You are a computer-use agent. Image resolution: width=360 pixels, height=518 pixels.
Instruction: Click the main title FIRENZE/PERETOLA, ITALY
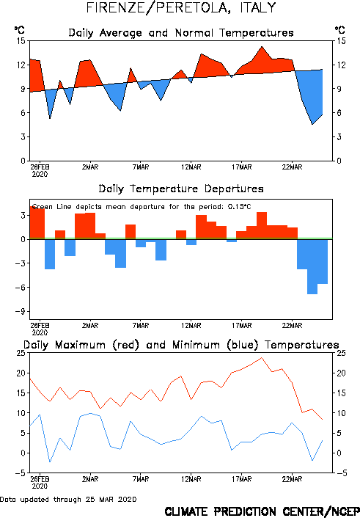(x=180, y=7)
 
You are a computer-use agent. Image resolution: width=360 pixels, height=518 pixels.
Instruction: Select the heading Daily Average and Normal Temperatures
(x=181, y=33)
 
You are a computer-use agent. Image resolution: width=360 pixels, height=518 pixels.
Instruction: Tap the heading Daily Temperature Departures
(x=181, y=189)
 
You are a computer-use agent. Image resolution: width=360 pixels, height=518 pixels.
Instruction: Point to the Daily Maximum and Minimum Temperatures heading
(x=181, y=345)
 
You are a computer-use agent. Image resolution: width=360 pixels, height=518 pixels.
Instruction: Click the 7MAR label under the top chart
(x=141, y=167)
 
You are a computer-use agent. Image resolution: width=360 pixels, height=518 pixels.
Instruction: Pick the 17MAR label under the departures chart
(x=242, y=326)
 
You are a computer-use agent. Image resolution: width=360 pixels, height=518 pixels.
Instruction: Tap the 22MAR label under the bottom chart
(x=292, y=479)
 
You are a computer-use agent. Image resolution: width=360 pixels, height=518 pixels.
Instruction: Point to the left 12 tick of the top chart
(x=21, y=65)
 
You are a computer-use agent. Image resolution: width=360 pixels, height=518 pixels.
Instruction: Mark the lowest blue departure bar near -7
(x=312, y=266)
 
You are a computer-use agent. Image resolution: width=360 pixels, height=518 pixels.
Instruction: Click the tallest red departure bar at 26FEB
(x=37, y=222)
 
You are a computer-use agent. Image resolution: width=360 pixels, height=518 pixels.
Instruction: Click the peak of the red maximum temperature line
(x=262, y=357)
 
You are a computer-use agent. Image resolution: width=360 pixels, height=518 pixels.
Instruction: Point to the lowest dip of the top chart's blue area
(x=312, y=124)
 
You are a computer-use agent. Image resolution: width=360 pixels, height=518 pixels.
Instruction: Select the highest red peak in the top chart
(x=262, y=46)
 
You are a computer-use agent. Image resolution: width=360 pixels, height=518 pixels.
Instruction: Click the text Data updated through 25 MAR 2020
(x=68, y=499)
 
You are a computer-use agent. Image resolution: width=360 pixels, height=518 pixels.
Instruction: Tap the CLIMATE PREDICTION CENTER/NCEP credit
(x=262, y=511)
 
